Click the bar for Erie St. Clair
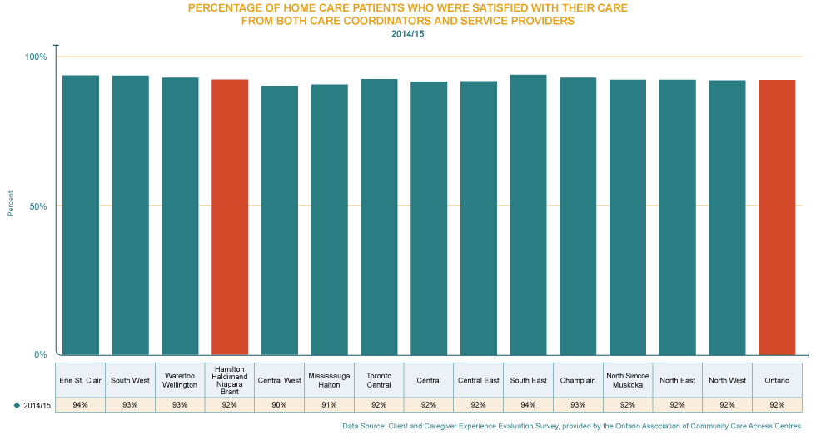[81, 215]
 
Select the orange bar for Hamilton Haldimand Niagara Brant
[230, 216]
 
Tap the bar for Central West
[280, 220]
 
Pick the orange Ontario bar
[777, 216]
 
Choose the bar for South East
[528, 214]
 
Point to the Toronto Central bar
[379, 216]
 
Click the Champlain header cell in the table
[578, 380]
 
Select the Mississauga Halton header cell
[329, 380]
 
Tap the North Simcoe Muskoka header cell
[628, 380]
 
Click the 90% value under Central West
[280, 405]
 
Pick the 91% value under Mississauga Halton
[329, 405]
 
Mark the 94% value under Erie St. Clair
[81, 405]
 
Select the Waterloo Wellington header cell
[180, 380]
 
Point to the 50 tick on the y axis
[39, 208]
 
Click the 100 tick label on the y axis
[37, 60]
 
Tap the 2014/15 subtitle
[407, 33]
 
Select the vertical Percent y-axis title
[11, 203]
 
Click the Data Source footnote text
[571, 426]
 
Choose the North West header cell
[727, 380]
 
